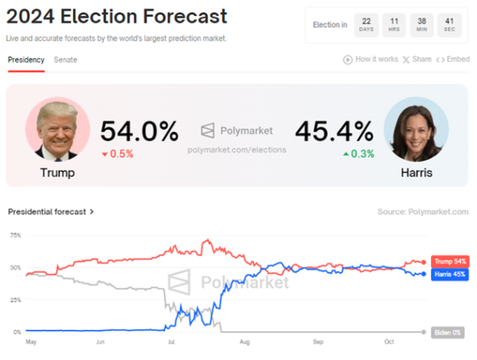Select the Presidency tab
pyautogui.click(x=26, y=60)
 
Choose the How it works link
pyautogui.click(x=371, y=60)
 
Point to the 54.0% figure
pyautogui.click(x=139, y=131)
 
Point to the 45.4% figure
pyautogui.click(x=334, y=131)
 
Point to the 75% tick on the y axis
pyautogui.click(x=15, y=235)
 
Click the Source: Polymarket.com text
pyautogui.click(x=423, y=212)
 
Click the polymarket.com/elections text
pyautogui.click(x=236, y=149)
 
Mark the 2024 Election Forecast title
pyautogui.click(x=116, y=17)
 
